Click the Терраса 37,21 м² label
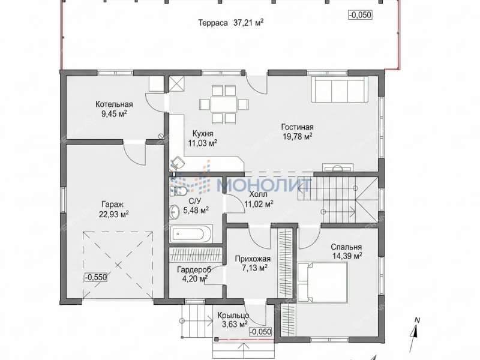coord(231,23)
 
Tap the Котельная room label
coord(114,104)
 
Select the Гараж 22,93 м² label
coord(113,209)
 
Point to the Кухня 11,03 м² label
coord(203,139)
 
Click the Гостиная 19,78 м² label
coord(297,131)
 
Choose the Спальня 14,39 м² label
coord(347,251)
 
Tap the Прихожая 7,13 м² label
coord(253,263)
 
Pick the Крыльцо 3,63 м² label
coord(233,320)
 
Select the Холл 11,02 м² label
coord(259,199)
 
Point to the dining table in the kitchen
coord(224,104)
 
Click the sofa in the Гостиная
coord(340,89)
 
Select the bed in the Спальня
coord(322,281)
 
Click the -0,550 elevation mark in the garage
coord(96,277)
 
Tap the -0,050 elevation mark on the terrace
coord(360,14)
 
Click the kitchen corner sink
coord(177,163)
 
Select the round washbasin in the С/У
coord(175,212)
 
